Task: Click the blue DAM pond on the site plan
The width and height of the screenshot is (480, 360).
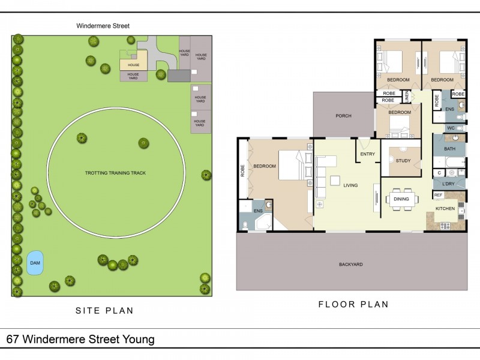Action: coord(35,263)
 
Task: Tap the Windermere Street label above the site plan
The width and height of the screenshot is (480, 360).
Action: coord(103,26)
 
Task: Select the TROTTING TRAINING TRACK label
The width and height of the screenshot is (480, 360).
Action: coord(115,173)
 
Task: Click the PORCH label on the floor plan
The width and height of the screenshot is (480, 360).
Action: coord(343,116)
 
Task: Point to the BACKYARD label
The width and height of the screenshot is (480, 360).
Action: coord(350,264)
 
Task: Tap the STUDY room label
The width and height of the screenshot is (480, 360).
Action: coord(403,160)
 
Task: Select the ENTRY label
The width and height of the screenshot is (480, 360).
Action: coord(367,154)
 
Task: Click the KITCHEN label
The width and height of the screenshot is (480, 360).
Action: coord(445,208)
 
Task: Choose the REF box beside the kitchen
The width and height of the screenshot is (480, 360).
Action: coord(438,195)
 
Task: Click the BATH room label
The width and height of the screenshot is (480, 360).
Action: coord(449,148)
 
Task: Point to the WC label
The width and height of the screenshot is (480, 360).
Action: coord(451,128)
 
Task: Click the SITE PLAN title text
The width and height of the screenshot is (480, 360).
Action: coord(104,310)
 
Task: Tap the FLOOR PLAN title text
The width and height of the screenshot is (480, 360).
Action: coord(353,304)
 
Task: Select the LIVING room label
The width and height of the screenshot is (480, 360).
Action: coord(350,185)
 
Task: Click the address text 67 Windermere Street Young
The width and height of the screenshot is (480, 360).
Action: coord(80,340)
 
